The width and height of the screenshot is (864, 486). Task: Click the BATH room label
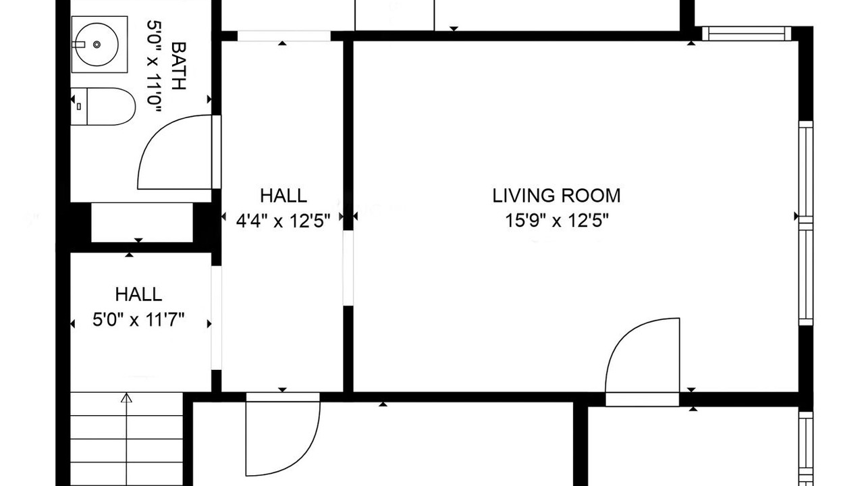(x=179, y=65)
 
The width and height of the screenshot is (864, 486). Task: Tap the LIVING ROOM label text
(x=556, y=196)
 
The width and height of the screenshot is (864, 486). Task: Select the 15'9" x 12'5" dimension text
(x=557, y=221)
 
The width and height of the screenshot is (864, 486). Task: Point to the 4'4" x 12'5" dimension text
(x=283, y=221)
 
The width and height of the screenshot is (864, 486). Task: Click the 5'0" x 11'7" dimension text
(x=138, y=320)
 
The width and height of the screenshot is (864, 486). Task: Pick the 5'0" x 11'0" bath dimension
(x=154, y=66)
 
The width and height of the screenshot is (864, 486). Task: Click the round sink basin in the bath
(x=97, y=45)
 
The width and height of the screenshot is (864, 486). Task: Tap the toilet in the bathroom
(x=103, y=107)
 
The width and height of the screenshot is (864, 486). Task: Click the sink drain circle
(x=97, y=45)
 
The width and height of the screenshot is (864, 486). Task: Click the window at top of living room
(x=747, y=34)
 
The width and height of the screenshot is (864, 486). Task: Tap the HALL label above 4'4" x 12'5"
(x=283, y=196)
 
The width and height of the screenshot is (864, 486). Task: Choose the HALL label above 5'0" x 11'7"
(x=138, y=295)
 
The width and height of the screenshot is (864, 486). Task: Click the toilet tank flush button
(x=79, y=107)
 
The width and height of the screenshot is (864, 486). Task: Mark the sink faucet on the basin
(x=78, y=45)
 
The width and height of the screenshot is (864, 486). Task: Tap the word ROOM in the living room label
(x=591, y=196)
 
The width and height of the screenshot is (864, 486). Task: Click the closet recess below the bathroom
(x=142, y=223)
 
